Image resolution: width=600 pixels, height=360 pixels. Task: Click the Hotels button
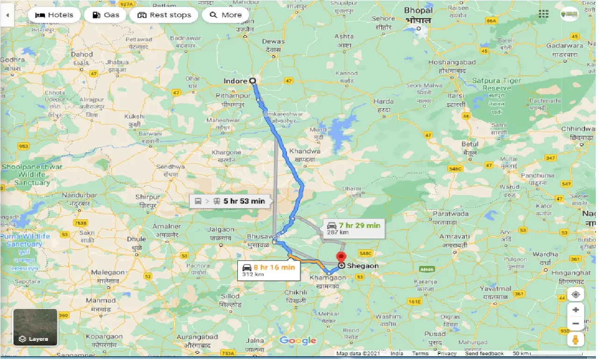(x=54, y=15)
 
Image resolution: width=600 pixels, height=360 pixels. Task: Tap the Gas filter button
(x=105, y=15)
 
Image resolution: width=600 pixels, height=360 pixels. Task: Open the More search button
(x=226, y=15)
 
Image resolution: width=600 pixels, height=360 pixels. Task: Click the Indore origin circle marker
(x=253, y=81)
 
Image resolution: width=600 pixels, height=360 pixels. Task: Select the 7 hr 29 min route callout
(x=353, y=228)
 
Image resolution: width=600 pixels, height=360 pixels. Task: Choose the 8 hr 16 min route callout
(x=269, y=270)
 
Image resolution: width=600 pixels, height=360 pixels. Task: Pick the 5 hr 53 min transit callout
(x=229, y=202)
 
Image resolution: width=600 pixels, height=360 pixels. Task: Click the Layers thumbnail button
(x=35, y=327)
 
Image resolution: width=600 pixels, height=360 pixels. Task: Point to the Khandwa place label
(x=305, y=151)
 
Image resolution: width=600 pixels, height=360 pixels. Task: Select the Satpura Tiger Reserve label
(x=496, y=84)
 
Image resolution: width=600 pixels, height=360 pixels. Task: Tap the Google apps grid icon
(x=543, y=14)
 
